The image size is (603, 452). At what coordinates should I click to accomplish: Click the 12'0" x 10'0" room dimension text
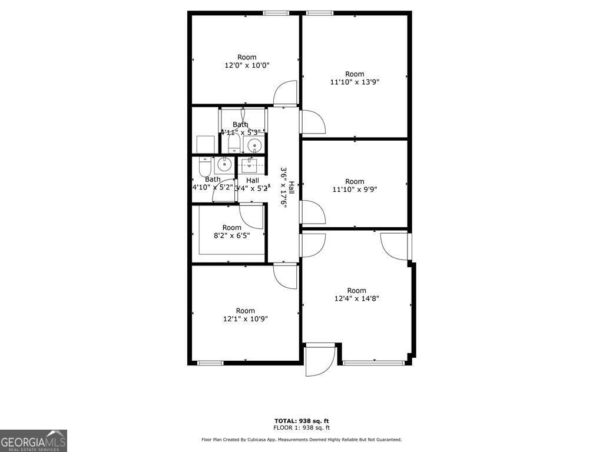(x=247, y=66)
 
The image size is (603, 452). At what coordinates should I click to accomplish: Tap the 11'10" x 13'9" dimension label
(x=354, y=82)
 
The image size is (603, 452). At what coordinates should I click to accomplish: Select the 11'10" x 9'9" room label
(x=354, y=190)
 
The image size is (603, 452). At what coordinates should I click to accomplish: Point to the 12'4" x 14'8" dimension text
(x=356, y=298)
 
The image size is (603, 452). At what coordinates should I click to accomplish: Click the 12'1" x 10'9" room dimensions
(x=246, y=319)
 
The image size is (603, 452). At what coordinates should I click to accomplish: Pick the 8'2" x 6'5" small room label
(x=231, y=236)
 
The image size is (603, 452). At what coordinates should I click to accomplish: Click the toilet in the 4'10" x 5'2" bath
(x=204, y=168)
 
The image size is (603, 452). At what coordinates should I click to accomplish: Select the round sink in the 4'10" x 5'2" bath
(x=224, y=164)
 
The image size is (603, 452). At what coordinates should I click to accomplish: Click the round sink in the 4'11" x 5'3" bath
(x=254, y=145)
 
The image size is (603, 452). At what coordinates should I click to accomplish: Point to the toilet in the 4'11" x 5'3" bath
(x=233, y=143)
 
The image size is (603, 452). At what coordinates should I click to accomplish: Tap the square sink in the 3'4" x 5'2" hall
(x=251, y=165)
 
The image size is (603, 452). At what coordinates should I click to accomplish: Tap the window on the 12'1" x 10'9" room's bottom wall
(x=210, y=363)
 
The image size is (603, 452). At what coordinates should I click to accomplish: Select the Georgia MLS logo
(x=34, y=441)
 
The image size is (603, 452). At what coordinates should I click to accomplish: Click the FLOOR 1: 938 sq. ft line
(x=301, y=428)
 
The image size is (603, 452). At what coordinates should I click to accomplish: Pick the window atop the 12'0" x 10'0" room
(x=276, y=13)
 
